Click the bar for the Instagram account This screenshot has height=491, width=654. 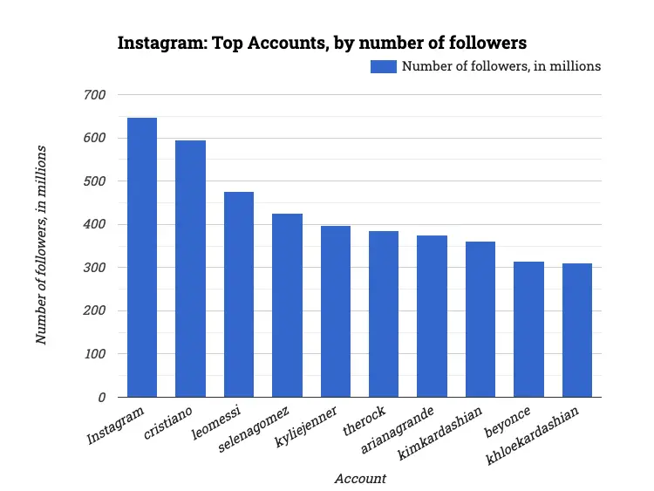(x=142, y=257)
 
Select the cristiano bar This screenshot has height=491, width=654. (x=190, y=269)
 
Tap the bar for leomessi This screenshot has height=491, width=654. (x=239, y=295)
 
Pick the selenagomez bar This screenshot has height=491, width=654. (x=287, y=305)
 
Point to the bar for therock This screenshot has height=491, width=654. (x=384, y=314)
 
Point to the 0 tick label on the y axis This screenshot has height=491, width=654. (x=101, y=398)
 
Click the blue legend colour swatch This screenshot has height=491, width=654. (x=384, y=66)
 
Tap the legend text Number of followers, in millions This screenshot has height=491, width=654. (x=501, y=66)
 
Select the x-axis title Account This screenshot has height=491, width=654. (x=360, y=479)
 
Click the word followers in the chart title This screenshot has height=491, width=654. (x=484, y=42)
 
